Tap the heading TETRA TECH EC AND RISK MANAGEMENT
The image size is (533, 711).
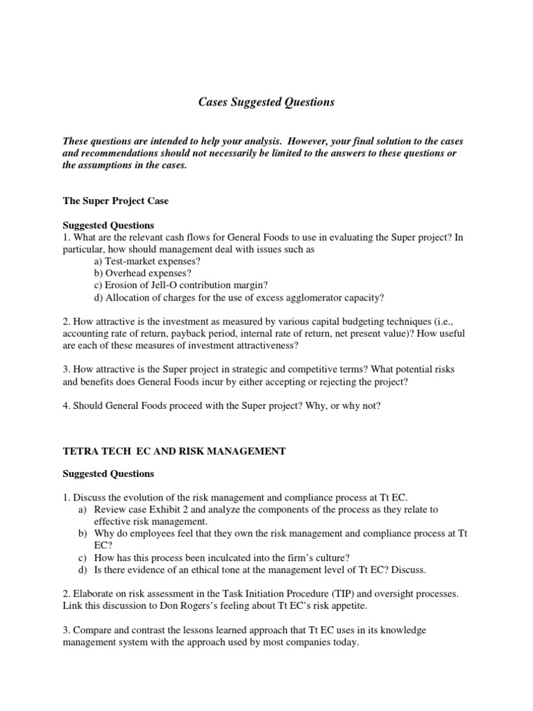pos(174,451)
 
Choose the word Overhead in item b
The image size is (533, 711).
pos(127,273)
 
